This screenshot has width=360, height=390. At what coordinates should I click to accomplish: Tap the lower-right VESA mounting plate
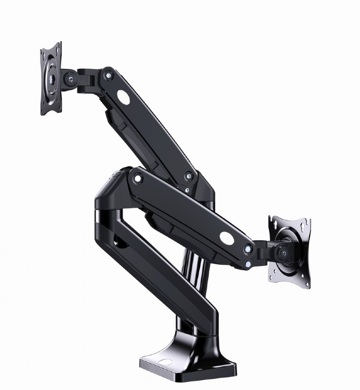click(x=289, y=248)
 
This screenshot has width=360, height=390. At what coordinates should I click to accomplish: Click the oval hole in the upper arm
click(x=124, y=96)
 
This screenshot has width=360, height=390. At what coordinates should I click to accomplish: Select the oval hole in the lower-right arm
click(x=227, y=237)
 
